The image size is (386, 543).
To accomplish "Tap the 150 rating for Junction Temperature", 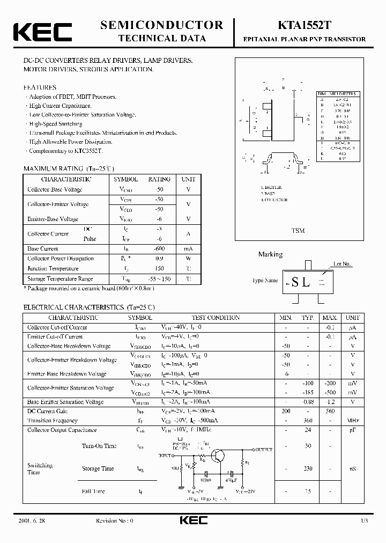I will pyautogui.click(x=159, y=268).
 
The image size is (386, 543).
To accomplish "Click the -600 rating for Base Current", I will pyautogui.click(x=159, y=248).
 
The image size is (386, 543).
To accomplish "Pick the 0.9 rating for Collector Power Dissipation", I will pyautogui.click(x=159, y=258).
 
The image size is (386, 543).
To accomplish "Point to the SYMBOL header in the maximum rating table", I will pyautogui.click(x=125, y=179).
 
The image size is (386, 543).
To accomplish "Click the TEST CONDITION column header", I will pyautogui.click(x=216, y=318).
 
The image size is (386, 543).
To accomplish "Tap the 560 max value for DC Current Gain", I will pyautogui.click(x=330, y=411).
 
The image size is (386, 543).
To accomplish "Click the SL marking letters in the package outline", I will pyautogui.click(x=300, y=282).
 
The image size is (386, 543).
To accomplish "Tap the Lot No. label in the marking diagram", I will pyautogui.click(x=342, y=264).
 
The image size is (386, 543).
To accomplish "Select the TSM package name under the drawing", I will pyautogui.click(x=298, y=230).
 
